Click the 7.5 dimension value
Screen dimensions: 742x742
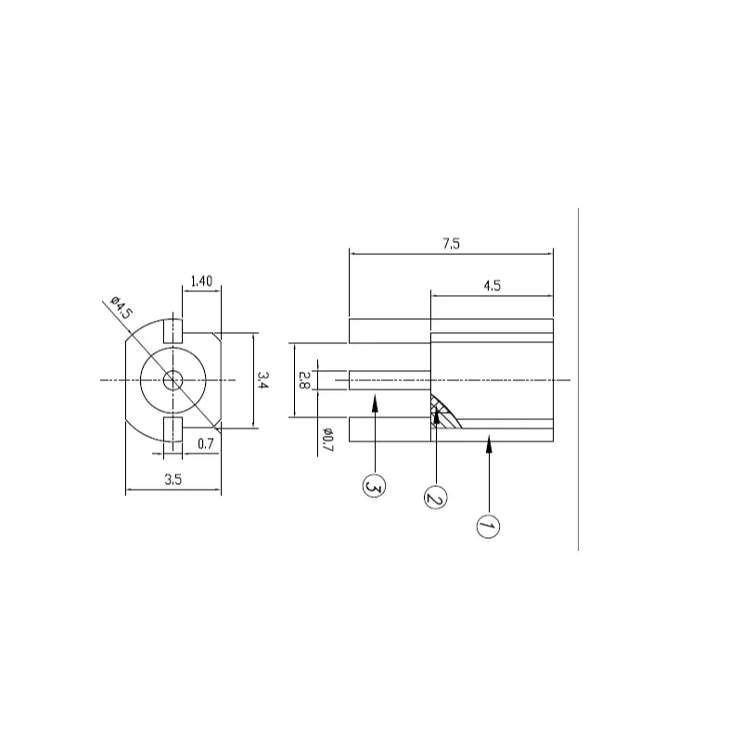[451, 244]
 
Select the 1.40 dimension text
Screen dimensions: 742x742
[201, 281]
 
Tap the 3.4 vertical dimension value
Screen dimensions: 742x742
[262, 379]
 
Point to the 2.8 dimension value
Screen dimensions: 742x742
[304, 380]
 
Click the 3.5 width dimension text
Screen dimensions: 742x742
[173, 480]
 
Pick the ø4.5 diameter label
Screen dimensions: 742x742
[122, 307]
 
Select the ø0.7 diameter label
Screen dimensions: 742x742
[328, 440]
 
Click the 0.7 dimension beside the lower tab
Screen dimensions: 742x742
[205, 444]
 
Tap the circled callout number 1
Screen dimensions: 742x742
[488, 526]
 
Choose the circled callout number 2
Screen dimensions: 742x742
[435, 497]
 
